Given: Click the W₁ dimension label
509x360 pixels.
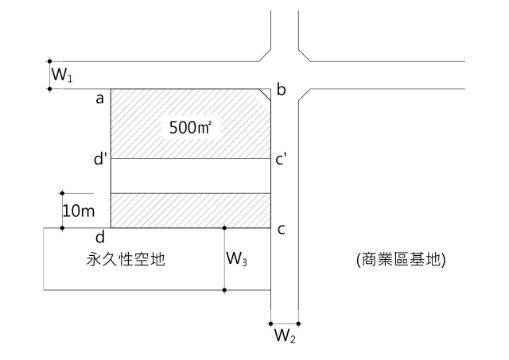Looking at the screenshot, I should click(61, 75).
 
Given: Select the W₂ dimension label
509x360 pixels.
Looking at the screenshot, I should click(285, 335).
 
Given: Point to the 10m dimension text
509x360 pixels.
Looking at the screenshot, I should click(78, 211).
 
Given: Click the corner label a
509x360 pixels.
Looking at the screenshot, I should click(100, 99).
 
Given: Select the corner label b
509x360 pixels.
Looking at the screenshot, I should click(280, 90).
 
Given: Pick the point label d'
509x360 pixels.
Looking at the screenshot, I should click(100, 159).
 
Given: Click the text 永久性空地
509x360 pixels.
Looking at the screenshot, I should click(126, 259).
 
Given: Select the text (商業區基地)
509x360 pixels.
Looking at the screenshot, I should click(400, 259).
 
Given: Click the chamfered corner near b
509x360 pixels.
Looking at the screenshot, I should click(266, 95).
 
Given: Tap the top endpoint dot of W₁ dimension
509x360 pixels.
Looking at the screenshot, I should click(49, 60).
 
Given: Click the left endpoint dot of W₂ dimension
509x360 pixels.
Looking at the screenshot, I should click(271, 323).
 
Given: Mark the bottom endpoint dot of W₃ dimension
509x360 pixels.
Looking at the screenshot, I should click(225, 290).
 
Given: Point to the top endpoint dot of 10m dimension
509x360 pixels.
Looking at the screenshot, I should click(62, 192).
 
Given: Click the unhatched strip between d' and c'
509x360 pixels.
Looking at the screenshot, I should click(191, 176).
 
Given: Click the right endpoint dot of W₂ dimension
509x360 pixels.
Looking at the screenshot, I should click(299, 323).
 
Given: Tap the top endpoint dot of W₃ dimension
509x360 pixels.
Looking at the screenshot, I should click(225, 228).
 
